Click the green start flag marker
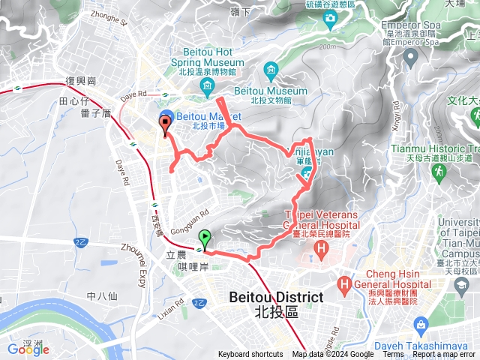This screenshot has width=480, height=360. pyautogui.click(x=205, y=240)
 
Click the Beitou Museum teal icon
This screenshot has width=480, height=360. pyautogui.click(x=271, y=72)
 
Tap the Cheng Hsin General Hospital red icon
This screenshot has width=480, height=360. pyautogui.click(x=345, y=284)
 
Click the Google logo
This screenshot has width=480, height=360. pyautogui.click(x=28, y=349)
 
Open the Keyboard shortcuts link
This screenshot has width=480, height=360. pyautogui.click(x=250, y=355)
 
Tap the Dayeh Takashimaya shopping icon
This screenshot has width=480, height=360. pyautogui.click(x=421, y=325)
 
